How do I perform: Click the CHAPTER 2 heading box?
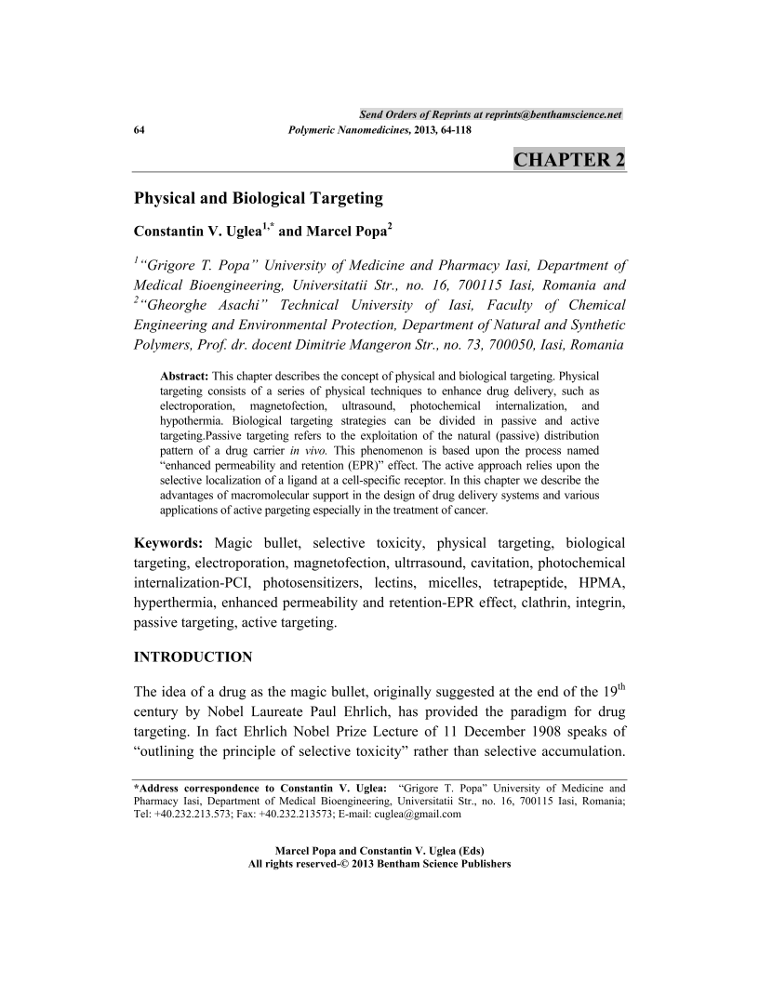pyautogui.click(x=568, y=159)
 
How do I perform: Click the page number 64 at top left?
pyautogui.click(x=140, y=129)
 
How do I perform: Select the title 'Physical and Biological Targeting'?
pyautogui.click(x=259, y=197)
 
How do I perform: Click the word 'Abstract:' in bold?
pyautogui.click(x=185, y=376)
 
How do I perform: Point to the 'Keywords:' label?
pyautogui.click(x=169, y=542)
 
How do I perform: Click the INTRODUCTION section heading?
pyautogui.click(x=193, y=657)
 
